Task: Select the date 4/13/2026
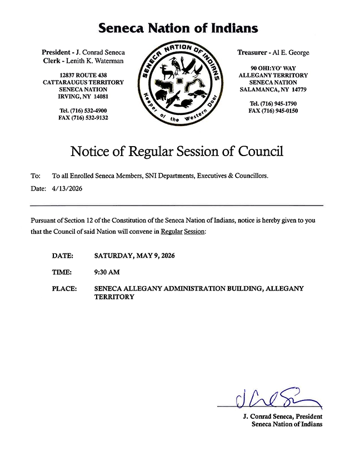tap(66, 189)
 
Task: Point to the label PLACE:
tap(64, 289)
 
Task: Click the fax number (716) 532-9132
tap(91, 118)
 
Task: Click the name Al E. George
tap(291, 53)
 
